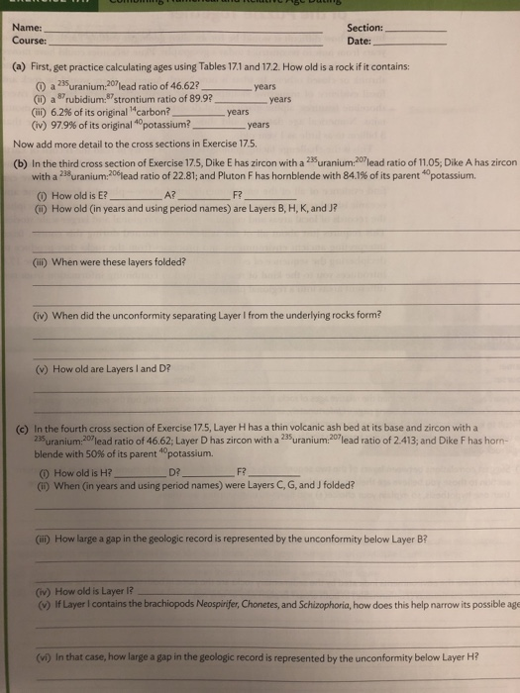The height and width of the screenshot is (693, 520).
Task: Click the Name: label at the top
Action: pyautogui.click(x=26, y=28)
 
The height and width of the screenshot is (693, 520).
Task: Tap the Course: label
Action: pyautogui.click(x=29, y=42)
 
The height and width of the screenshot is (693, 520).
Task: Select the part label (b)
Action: pyautogui.click(x=20, y=163)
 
